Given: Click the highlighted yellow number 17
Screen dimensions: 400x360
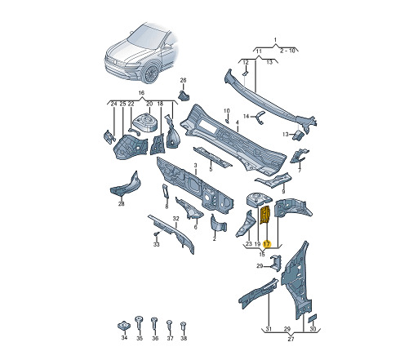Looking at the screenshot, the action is coord(267,244).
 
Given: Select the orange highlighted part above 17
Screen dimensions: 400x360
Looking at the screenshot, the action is coord(264,215).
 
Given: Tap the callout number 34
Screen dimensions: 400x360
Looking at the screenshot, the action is coord(124,338).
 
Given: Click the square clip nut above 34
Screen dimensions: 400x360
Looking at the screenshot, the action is coord(124,325).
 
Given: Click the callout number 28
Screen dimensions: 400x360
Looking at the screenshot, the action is coord(121,203).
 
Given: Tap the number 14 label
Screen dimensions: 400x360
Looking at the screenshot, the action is coord(246,117).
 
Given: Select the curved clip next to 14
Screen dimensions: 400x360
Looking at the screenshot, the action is coord(260,117).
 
